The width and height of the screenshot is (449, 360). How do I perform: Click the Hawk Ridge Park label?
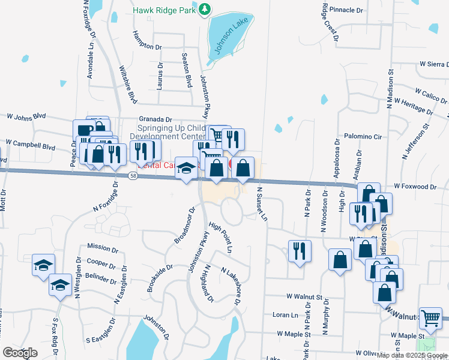[x=164, y=9]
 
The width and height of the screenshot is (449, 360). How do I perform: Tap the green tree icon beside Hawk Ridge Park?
[x=205, y=9]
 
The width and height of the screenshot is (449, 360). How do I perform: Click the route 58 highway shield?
[x=134, y=176]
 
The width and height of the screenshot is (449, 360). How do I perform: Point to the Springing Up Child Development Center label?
[x=171, y=131]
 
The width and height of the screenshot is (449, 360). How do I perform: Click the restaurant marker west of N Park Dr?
[x=300, y=251]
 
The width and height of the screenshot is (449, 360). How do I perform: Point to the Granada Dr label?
[x=155, y=119]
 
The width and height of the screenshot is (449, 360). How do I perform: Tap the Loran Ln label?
[x=285, y=315]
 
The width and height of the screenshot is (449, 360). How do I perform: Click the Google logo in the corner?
[x=20, y=353]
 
